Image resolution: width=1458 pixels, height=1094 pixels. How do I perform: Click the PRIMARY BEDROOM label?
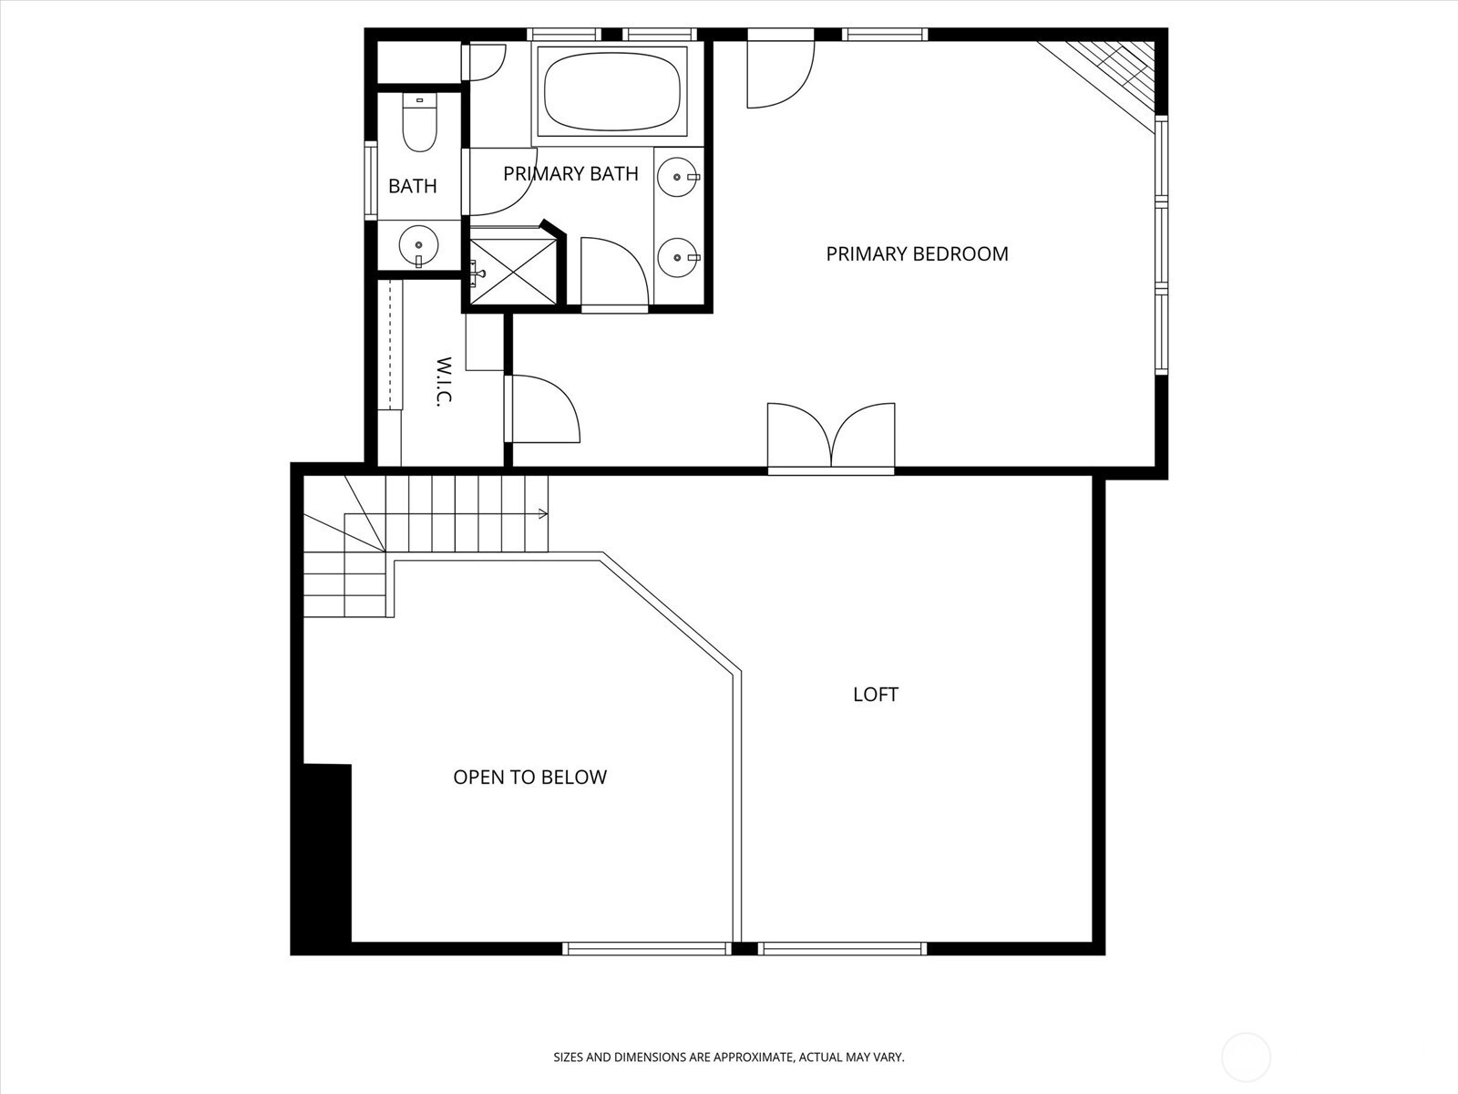[x=917, y=253]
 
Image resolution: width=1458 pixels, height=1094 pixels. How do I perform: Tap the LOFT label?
[x=876, y=694]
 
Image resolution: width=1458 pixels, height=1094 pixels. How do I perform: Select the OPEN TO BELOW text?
[x=530, y=777]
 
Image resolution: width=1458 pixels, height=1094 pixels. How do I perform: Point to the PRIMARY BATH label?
[x=570, y=173]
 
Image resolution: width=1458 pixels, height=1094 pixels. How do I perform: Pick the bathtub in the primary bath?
[x=611, y=91]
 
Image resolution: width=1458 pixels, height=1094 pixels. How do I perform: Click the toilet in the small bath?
[x=420, y=123]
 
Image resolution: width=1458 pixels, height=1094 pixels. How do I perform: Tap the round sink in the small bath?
[x=418, y=246]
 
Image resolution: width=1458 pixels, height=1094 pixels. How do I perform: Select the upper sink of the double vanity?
[x=678, y=178]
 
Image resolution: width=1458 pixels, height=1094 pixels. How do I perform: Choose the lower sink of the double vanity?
[x=678, y=257]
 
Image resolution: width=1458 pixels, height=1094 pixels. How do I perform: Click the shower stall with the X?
[x=513, y=272]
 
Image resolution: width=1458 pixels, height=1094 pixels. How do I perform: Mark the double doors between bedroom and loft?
[x=831, y=437]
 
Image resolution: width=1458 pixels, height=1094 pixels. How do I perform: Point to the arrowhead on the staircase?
[x=543, y=513]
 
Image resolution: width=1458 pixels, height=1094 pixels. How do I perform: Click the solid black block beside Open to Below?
[x=327, y=853]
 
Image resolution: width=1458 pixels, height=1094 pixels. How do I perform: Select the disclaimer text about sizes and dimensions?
[x=729, y=1057]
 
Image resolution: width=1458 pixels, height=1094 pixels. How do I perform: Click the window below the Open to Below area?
[x=647, y=948]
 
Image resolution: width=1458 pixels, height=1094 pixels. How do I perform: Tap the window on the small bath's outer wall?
[x=371, y=181]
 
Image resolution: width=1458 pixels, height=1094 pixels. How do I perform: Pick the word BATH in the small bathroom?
[x=413, y=186]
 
